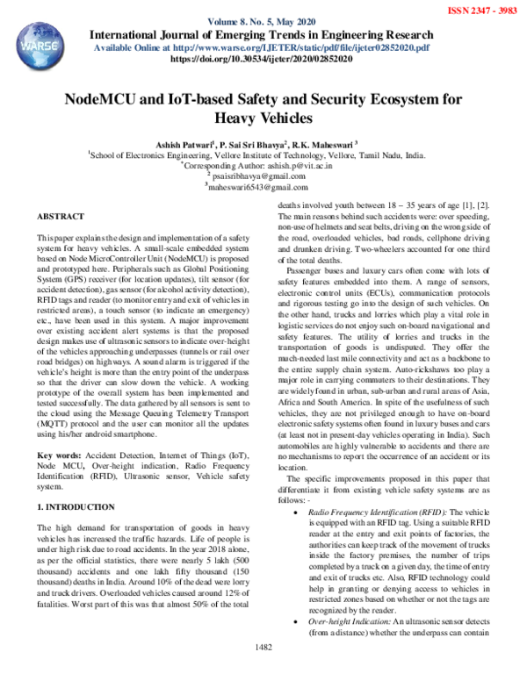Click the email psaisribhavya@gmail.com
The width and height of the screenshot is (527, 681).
click(264, 175)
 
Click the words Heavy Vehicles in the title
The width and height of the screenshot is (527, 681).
click(264, 117)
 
